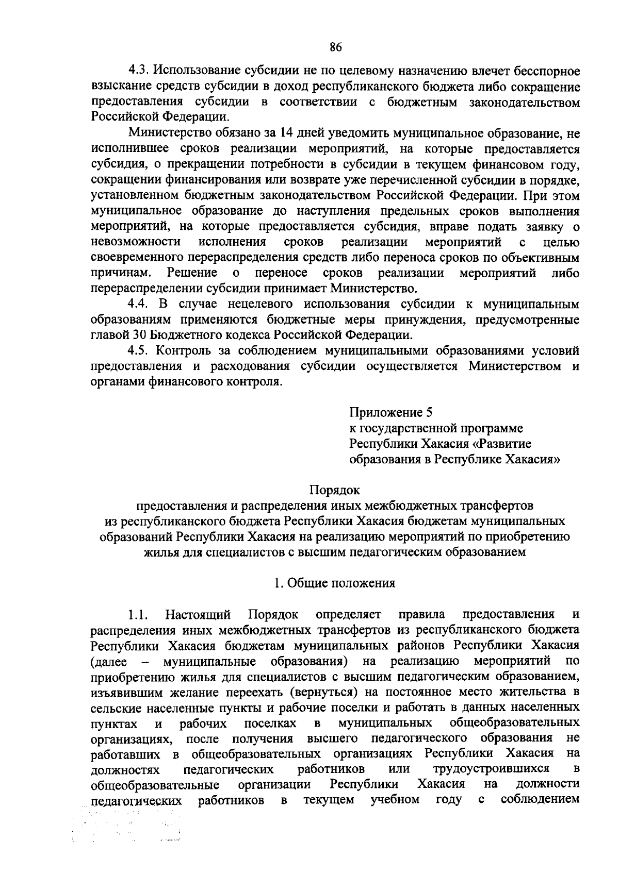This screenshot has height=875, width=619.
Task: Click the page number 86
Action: coord(335,47)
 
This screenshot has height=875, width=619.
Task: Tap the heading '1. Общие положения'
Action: coord(335,583)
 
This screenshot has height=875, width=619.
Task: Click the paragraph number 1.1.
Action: coord(138,614)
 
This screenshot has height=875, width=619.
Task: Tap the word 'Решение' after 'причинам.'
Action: coord(192,273)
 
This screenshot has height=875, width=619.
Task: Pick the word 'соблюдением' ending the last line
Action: coord(540,800)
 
